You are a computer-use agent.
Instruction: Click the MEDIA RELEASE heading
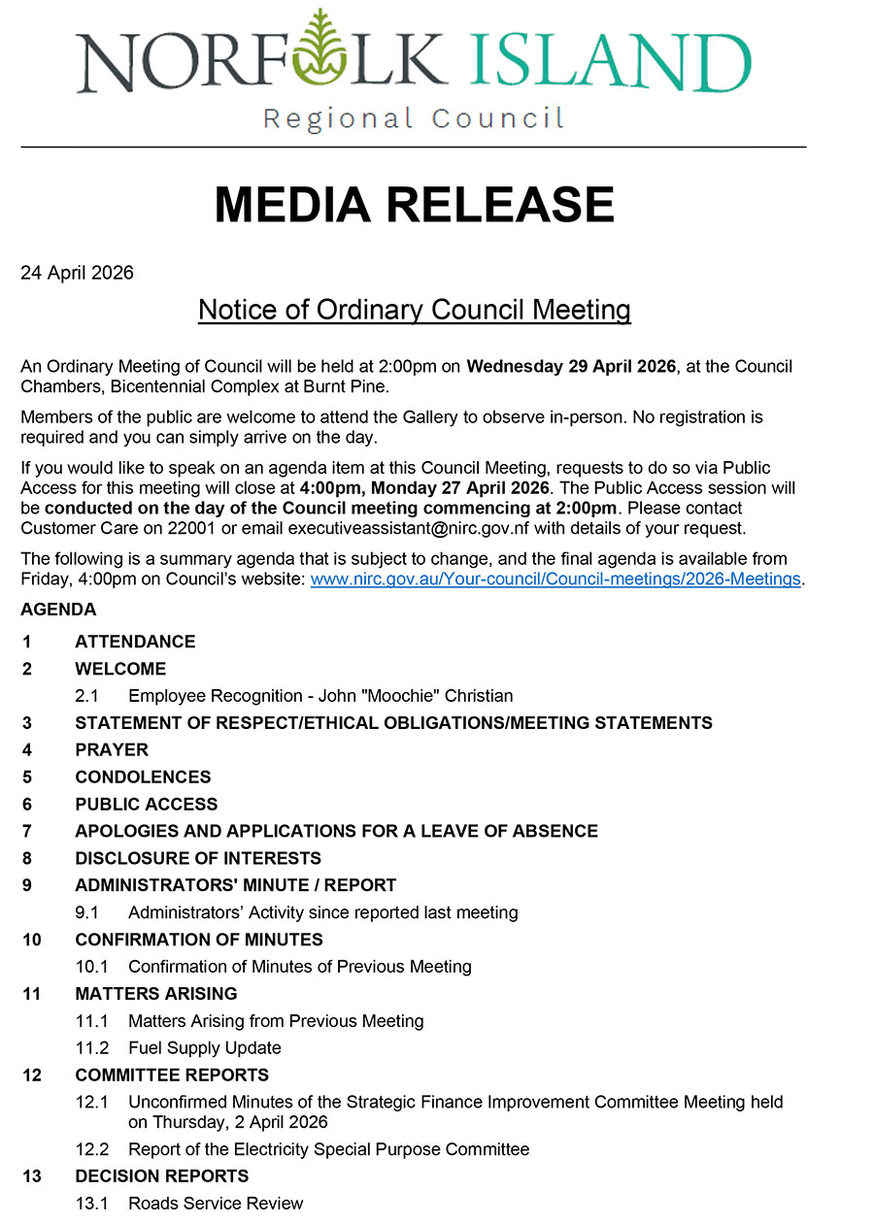click(415, 205)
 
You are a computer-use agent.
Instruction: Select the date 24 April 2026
click(77, 273)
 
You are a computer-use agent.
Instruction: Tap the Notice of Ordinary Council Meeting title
click(415, 310)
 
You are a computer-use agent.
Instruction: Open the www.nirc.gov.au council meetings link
click(555, 579)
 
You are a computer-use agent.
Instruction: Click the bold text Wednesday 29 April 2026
click(571, 367)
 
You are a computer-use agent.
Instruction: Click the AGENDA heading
click(58, 610)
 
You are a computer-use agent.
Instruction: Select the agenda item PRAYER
click(112, 750)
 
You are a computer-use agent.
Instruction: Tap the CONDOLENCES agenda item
click(143, 777)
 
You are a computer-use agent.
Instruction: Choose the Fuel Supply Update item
click(204, 1048)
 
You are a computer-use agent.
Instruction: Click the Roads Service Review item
click(216, 1204)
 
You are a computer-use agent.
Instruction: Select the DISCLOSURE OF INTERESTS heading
click(198, 859)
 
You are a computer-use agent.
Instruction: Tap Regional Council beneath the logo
click(414, 119)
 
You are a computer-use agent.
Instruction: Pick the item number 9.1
click(87, 912)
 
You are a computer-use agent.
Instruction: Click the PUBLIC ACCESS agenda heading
click(147, 805)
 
